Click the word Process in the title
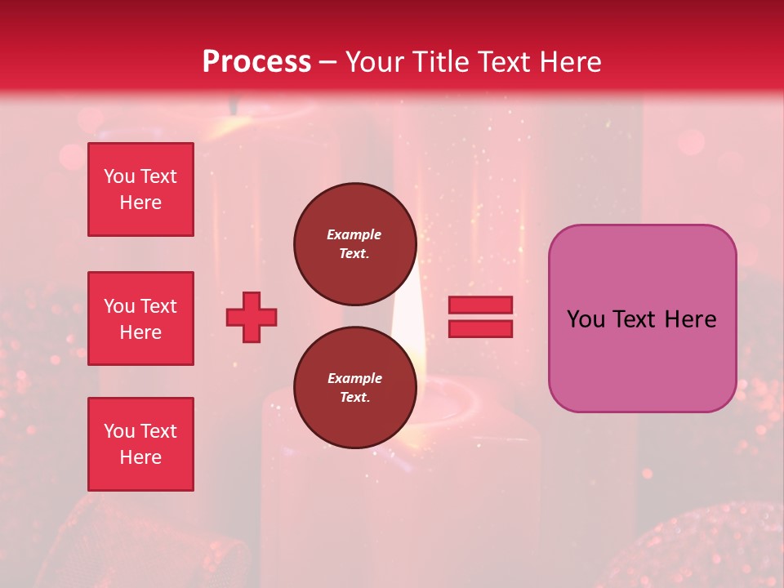(256, 62)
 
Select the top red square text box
(140, 189)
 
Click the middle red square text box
(140, 318)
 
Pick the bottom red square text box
(140, 444)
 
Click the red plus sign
(252, 317)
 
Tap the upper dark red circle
(354, 243)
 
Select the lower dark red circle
(354, 388)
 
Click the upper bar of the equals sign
(480, 305)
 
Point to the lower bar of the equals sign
(480, 328)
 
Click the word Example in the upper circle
(354, 234)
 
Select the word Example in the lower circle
(354, 378)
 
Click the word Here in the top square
(140, 203)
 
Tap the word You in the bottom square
(119, 431)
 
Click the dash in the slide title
(327, 62)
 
